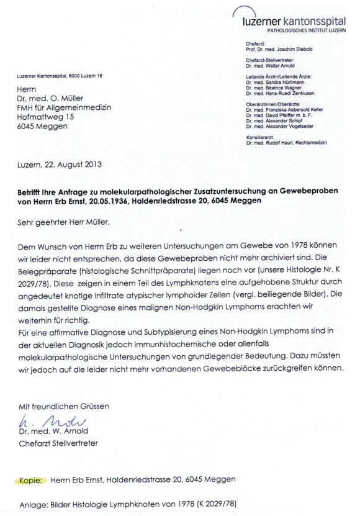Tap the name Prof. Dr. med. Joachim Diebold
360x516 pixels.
point(280,48)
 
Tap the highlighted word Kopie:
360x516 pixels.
point(30,480)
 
